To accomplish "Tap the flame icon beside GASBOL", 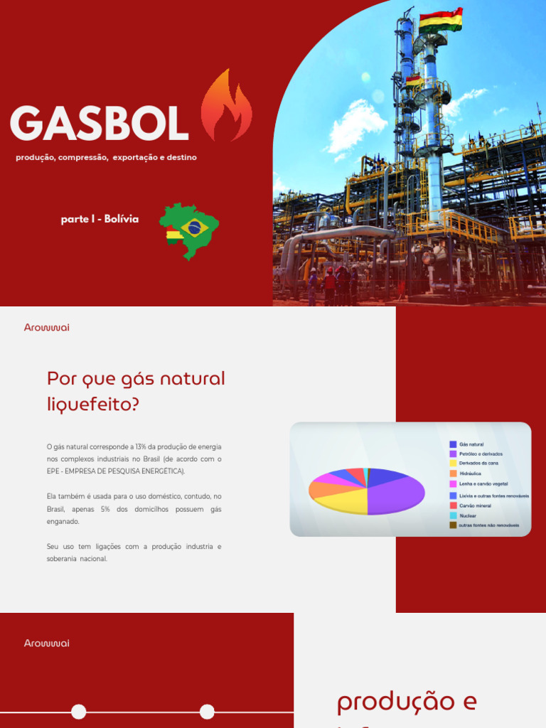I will click(x=226, y=107).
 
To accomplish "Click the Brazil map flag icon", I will click(x=190, y=230).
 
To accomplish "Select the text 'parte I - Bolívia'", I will click(x=100, y=219).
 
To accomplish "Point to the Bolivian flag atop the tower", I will click(x=440, y=19).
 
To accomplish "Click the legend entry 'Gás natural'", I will click(x=471, y=444).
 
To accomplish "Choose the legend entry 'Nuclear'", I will click(x=468, y=515).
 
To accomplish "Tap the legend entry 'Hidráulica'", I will click(x=471, y=473).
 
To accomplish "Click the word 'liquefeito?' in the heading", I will click(x=93, y=405).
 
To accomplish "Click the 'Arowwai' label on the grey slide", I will click(x=47, y=328).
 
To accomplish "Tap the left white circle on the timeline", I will click(x=79, y=712).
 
